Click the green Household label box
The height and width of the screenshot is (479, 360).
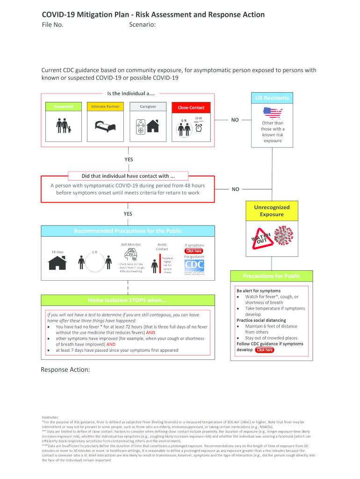click(64, 107)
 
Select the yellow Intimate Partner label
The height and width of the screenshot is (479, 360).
click(105, 107)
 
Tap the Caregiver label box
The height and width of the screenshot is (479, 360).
click(148, 107)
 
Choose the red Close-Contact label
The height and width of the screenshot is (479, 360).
click(191, 108)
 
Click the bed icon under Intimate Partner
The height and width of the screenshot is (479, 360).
click(104, 126)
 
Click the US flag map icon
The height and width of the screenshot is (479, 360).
click(273, 113)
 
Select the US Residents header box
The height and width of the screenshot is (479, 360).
click(272, 98)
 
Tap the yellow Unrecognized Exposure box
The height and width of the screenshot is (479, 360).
click(272, 211)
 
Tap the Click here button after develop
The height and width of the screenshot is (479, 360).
click(264, 350)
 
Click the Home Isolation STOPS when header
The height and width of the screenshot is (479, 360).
click(128, 300)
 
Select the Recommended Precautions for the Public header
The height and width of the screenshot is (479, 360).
click(128, 231)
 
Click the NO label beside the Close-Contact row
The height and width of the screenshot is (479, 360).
click(235, 120)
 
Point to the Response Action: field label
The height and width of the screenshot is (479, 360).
click(65, 370)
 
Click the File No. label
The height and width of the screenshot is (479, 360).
click(52, 25)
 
